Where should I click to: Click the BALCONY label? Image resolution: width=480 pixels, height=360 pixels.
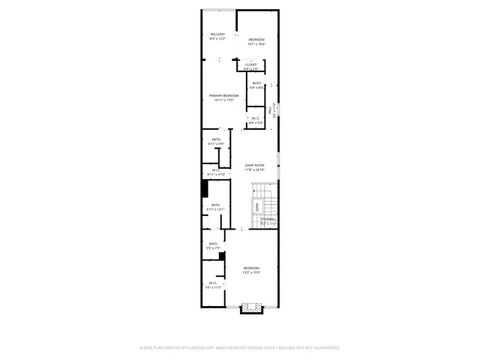(217, 34)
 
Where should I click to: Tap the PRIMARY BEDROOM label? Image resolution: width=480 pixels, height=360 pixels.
(223, 95)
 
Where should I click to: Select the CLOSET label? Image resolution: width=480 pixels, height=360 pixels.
(250, 64)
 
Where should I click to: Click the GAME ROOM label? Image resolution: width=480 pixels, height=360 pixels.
(254, 165)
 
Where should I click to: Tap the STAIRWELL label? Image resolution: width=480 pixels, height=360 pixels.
(268, 219)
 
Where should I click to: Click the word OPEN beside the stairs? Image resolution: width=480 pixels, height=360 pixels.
(256, 206)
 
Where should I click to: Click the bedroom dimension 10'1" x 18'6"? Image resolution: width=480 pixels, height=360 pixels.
(256, 43)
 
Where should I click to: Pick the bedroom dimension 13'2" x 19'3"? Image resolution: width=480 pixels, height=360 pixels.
(250, 272)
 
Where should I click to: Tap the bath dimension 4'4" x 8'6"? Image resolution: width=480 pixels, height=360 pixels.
(256, 88)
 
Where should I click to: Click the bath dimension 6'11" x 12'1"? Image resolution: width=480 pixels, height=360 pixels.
(215, 209)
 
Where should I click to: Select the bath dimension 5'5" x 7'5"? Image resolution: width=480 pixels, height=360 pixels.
(213, 247)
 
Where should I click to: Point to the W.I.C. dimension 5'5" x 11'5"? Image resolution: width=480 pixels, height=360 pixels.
(213, 287)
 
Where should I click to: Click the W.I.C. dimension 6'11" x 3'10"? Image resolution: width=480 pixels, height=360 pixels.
(215, 174)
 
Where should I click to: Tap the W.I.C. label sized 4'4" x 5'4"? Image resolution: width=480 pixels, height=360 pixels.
(255, 121)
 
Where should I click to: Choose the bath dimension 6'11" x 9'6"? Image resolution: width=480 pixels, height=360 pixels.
(216, 144)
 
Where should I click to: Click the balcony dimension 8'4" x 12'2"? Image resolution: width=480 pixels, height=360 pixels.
(217, 39)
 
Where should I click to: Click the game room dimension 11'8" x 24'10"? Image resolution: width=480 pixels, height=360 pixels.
(254, 169)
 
